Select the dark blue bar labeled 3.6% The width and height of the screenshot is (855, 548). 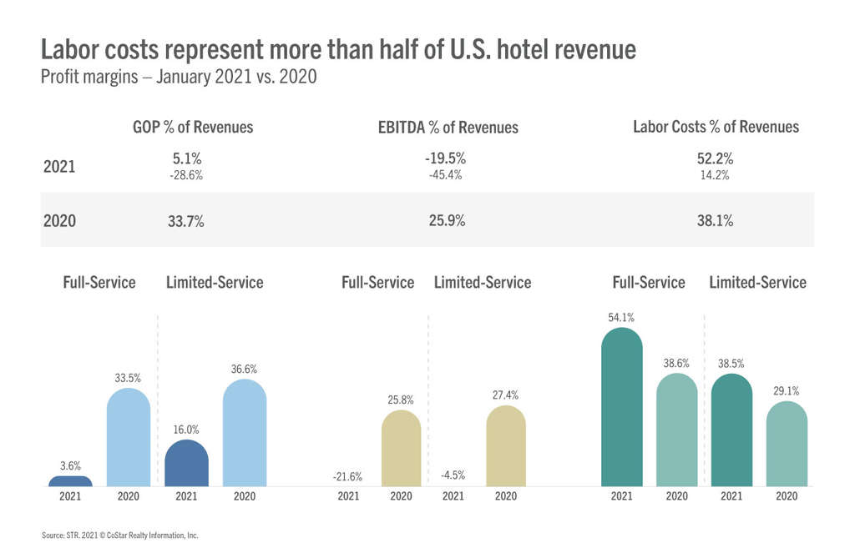coord(70,481)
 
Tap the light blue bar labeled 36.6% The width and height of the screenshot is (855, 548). coord(245,433)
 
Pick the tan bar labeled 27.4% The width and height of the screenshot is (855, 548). coord(506,446)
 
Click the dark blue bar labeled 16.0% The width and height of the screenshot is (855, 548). coord(187,463)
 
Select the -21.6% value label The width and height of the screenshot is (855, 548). coord(347,476)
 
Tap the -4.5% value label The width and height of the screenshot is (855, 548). coord(452,476)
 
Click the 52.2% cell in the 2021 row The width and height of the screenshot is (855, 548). coord(715,158)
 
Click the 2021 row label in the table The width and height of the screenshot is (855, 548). coord(59,166)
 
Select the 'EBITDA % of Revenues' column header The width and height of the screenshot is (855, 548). coord(448,128)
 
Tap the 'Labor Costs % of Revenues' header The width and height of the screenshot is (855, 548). coord(716,127)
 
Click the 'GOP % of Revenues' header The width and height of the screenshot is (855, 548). coord(193,128)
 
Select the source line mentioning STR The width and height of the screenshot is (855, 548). coord(119,535)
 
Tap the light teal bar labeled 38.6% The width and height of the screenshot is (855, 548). coord(676,430)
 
